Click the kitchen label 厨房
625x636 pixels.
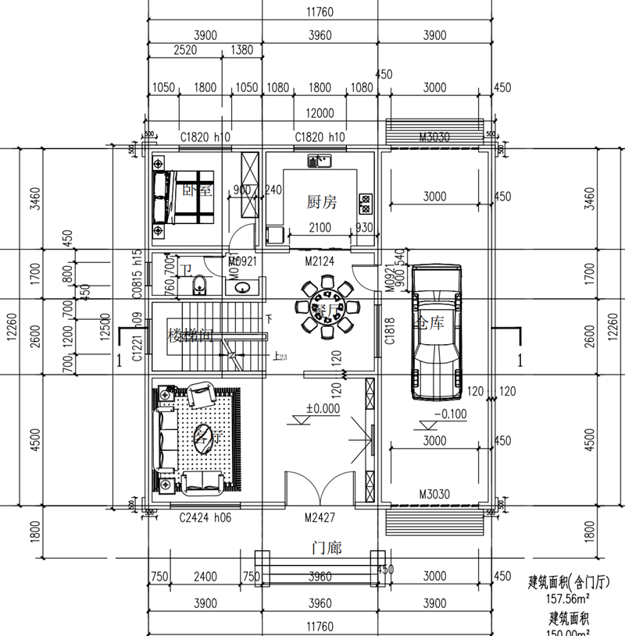point(320,203)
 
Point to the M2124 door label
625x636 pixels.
point(320,261)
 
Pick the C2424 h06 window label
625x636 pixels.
point(205,517)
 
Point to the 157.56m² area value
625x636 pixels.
point(567,600)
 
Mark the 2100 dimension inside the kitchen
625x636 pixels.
point(320,226)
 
